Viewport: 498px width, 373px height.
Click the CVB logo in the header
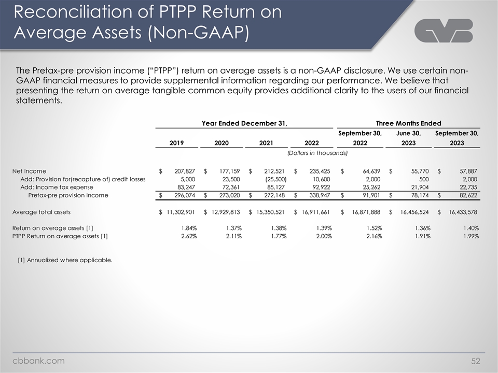[444, 31]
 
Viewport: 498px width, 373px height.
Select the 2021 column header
[268, 142]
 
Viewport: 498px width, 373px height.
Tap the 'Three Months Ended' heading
[408, 123]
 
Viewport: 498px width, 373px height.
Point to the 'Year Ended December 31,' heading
[244, 123]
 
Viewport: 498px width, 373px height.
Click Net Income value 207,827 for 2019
[185, 171]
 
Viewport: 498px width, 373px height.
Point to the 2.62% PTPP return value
[188, 236]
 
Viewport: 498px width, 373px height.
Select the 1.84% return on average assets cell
[188, 228]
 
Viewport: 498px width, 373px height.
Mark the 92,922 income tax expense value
[321, 187]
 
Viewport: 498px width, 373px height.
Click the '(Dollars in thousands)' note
[316, 153]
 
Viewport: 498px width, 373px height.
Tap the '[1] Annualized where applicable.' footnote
[65, 260]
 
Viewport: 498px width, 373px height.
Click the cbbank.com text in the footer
[39, 361]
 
